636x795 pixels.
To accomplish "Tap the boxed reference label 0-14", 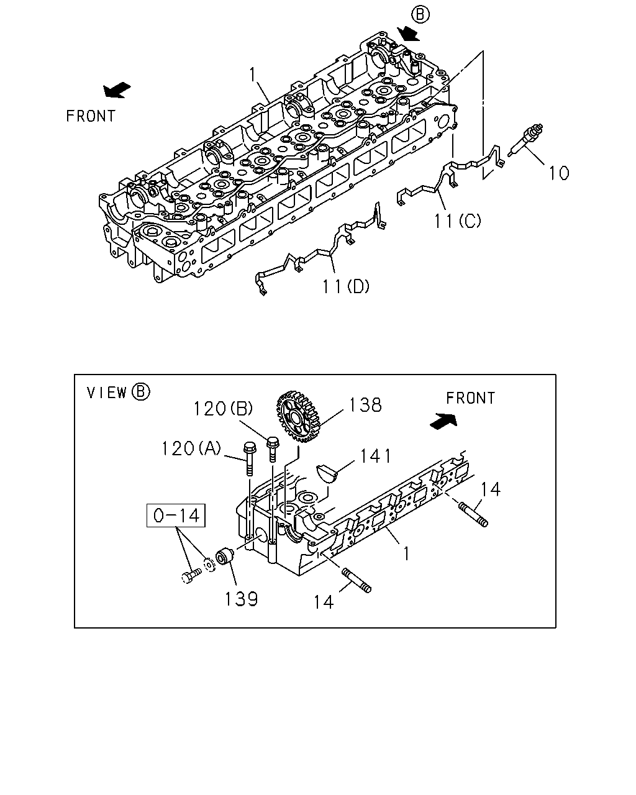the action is (x=176, y=516).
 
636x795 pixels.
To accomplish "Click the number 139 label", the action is (x=242, y=599).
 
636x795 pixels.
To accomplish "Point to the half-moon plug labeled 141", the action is (x=327, y=474).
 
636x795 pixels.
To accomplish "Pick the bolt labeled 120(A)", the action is (x=248, y=458).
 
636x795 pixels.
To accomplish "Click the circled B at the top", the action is (x=420, y=15).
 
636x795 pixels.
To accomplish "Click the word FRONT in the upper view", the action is (x=91, y=116).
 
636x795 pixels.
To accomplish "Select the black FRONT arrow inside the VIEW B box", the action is (x=443, y=421).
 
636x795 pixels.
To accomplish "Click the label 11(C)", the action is (x=458, y=221).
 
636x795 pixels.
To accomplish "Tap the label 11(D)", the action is (x=346, y=286).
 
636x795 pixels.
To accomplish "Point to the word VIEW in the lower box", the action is (x=107, y=393).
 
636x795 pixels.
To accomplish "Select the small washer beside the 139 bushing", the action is (x=209, y=565).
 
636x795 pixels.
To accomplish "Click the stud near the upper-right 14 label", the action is (x=473, y=514).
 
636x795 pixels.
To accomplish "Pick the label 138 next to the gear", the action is (x=365, y=405).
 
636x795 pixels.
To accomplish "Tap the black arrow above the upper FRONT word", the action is (x=117, y=90).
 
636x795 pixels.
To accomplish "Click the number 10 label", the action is (x=559, y=173).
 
